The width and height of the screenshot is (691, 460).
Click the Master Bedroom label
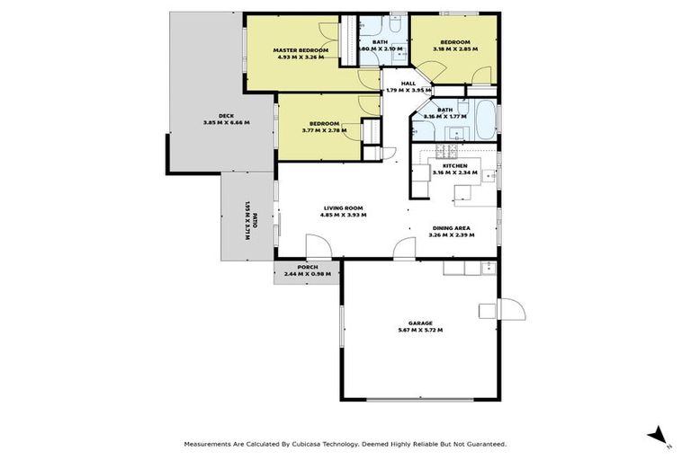(299, 49)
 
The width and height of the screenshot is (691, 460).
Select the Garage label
(419, 323)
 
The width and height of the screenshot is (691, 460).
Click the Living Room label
(345, 208)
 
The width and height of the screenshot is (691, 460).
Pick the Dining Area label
(452, 227)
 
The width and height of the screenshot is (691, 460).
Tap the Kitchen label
(453, 166)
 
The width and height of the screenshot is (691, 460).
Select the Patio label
(255, 219)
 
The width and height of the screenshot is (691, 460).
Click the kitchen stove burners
(443, 149)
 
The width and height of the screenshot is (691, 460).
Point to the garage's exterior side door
(511, 311)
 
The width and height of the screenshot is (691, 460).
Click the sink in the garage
(487, 267)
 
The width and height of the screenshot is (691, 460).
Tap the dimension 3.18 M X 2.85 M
(454, 49)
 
